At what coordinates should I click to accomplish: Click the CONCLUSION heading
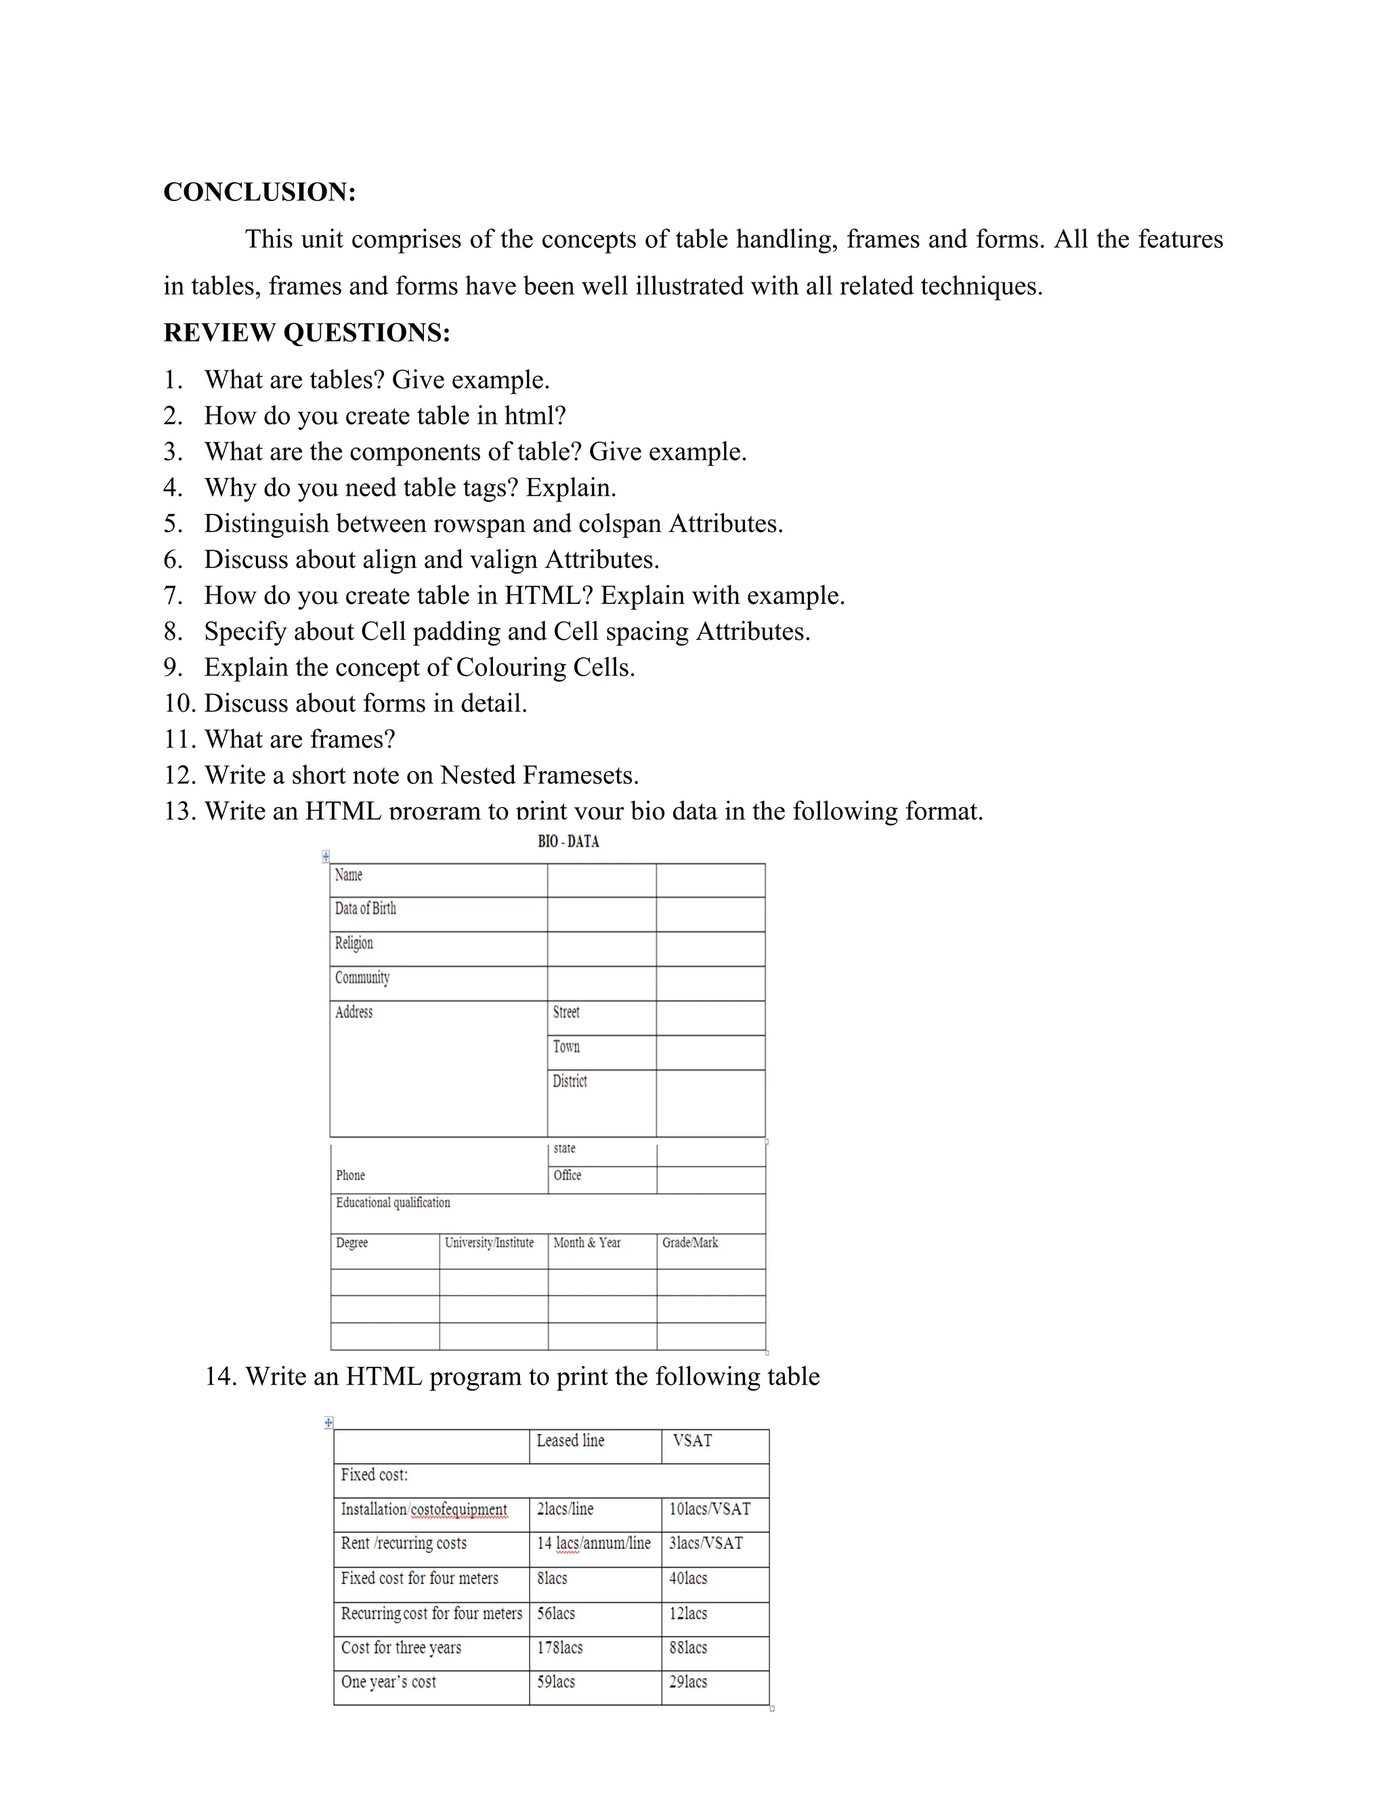click(259, 192)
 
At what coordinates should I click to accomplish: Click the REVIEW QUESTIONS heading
click(307, 332)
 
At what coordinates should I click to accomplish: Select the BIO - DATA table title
click(568, 841)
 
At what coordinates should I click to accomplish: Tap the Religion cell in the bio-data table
click(354, 943)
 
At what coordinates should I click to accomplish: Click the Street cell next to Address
click(566, 1012)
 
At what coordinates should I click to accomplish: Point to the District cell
click(570, 1081)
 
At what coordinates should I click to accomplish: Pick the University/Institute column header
click(489, 1243)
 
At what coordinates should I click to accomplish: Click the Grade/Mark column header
click(689, 1243)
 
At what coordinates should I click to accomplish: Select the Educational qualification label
click(393, 1202)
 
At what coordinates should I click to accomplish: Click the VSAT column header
click(692, 1441)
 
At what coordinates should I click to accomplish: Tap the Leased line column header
click(570, 1441)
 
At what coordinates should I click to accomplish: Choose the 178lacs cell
click(559, 1648)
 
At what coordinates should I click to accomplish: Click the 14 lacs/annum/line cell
click(593, 1544)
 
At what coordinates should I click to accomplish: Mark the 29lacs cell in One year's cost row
click(688, 1682)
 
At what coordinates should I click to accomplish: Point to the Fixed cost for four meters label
click(419, 1578)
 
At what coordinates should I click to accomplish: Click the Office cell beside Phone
click(567, 1175)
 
